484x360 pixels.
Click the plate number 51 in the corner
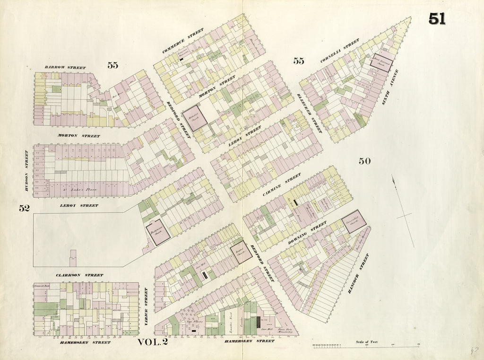[x=437, y=18]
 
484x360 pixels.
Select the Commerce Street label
[x=182, y=41]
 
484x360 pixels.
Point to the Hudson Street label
[x=26, y=170]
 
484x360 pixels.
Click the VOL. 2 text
[x=153, y=342]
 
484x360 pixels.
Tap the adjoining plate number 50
[x=364, y=161]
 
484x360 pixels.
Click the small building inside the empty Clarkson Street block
[x=73, y=258]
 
